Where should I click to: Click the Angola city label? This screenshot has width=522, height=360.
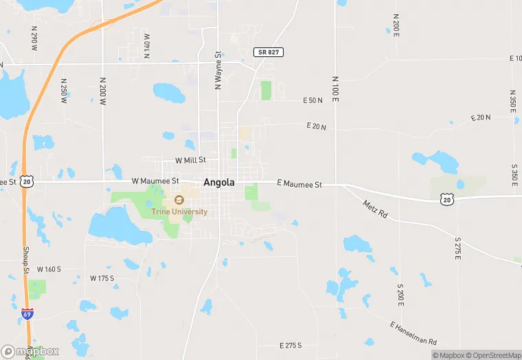click(219, 183)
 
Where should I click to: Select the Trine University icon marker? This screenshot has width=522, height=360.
click(179, 200)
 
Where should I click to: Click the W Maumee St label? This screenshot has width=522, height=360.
click(155, 181)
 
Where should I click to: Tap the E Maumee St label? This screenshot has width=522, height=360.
click(299, 184)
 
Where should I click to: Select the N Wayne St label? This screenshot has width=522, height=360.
click(218, 70)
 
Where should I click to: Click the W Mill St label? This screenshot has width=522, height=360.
click(190, 160)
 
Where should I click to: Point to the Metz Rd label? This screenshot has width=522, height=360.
click(374, 210)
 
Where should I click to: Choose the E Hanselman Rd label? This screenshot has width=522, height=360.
click(413, 333)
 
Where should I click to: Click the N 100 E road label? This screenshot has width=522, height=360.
click(335, 90)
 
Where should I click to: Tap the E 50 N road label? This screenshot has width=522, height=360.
click(313, 101)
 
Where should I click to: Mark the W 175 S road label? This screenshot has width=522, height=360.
click(102, 278)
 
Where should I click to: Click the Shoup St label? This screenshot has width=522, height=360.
click(26, 260)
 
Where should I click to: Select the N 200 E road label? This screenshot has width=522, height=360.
click(396, 24)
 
